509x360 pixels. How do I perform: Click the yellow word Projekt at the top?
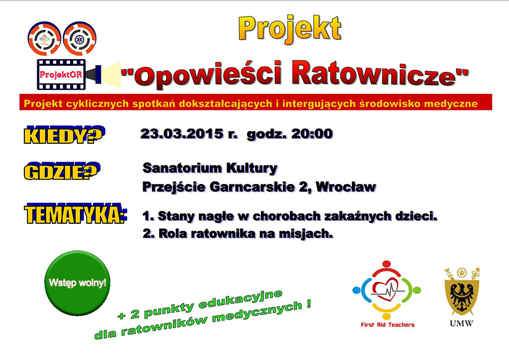click(290, 29)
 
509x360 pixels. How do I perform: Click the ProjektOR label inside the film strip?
click(61, 75)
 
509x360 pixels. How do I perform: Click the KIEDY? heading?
click(64, 135)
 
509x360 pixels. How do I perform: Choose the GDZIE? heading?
click(62, 171)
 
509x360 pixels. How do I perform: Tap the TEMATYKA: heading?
click(76, 213)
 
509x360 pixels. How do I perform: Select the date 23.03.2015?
click(182, 134)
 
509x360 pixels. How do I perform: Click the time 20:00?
click(312, 134)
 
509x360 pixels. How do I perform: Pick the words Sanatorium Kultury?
click(210, 168)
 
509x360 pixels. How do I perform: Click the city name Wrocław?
click(346, 187)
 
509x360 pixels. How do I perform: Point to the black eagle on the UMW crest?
click(461, 296)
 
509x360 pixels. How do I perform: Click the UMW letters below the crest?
click(461, 323)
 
